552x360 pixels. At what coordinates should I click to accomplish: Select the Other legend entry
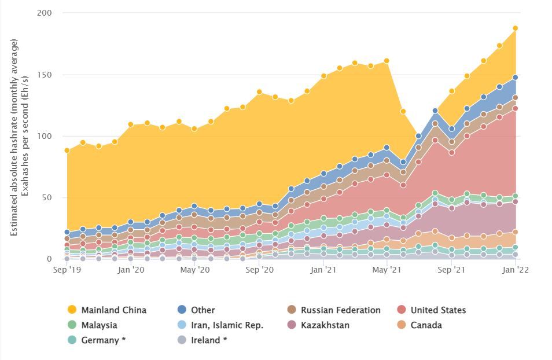203,310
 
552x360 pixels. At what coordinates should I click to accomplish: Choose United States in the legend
438,310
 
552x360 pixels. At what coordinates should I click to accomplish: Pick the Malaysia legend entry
99,325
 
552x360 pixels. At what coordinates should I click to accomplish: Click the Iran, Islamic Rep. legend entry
227,325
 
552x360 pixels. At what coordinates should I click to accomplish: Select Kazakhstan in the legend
325,325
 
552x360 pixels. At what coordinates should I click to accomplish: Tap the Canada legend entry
426,325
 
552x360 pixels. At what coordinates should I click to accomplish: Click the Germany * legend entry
103,340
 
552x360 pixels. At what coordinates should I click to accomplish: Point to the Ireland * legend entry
208,340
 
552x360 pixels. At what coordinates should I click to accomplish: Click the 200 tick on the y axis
44,13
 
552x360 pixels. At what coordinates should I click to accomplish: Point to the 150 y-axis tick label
44,75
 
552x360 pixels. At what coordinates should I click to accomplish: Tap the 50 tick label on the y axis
46,197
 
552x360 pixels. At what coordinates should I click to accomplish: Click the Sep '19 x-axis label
67,270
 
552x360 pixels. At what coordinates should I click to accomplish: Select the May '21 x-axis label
387,270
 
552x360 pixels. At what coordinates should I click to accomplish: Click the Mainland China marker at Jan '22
515,28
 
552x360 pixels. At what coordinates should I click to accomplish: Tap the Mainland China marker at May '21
387,61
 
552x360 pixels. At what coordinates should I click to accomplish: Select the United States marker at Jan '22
515,108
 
